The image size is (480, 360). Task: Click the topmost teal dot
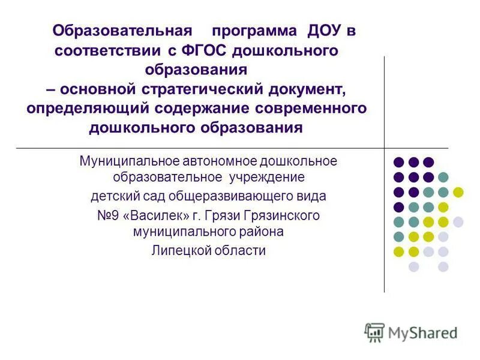443,177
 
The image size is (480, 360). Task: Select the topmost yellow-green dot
458,192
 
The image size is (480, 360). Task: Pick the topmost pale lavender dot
458,221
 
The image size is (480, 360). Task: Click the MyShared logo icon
374,332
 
